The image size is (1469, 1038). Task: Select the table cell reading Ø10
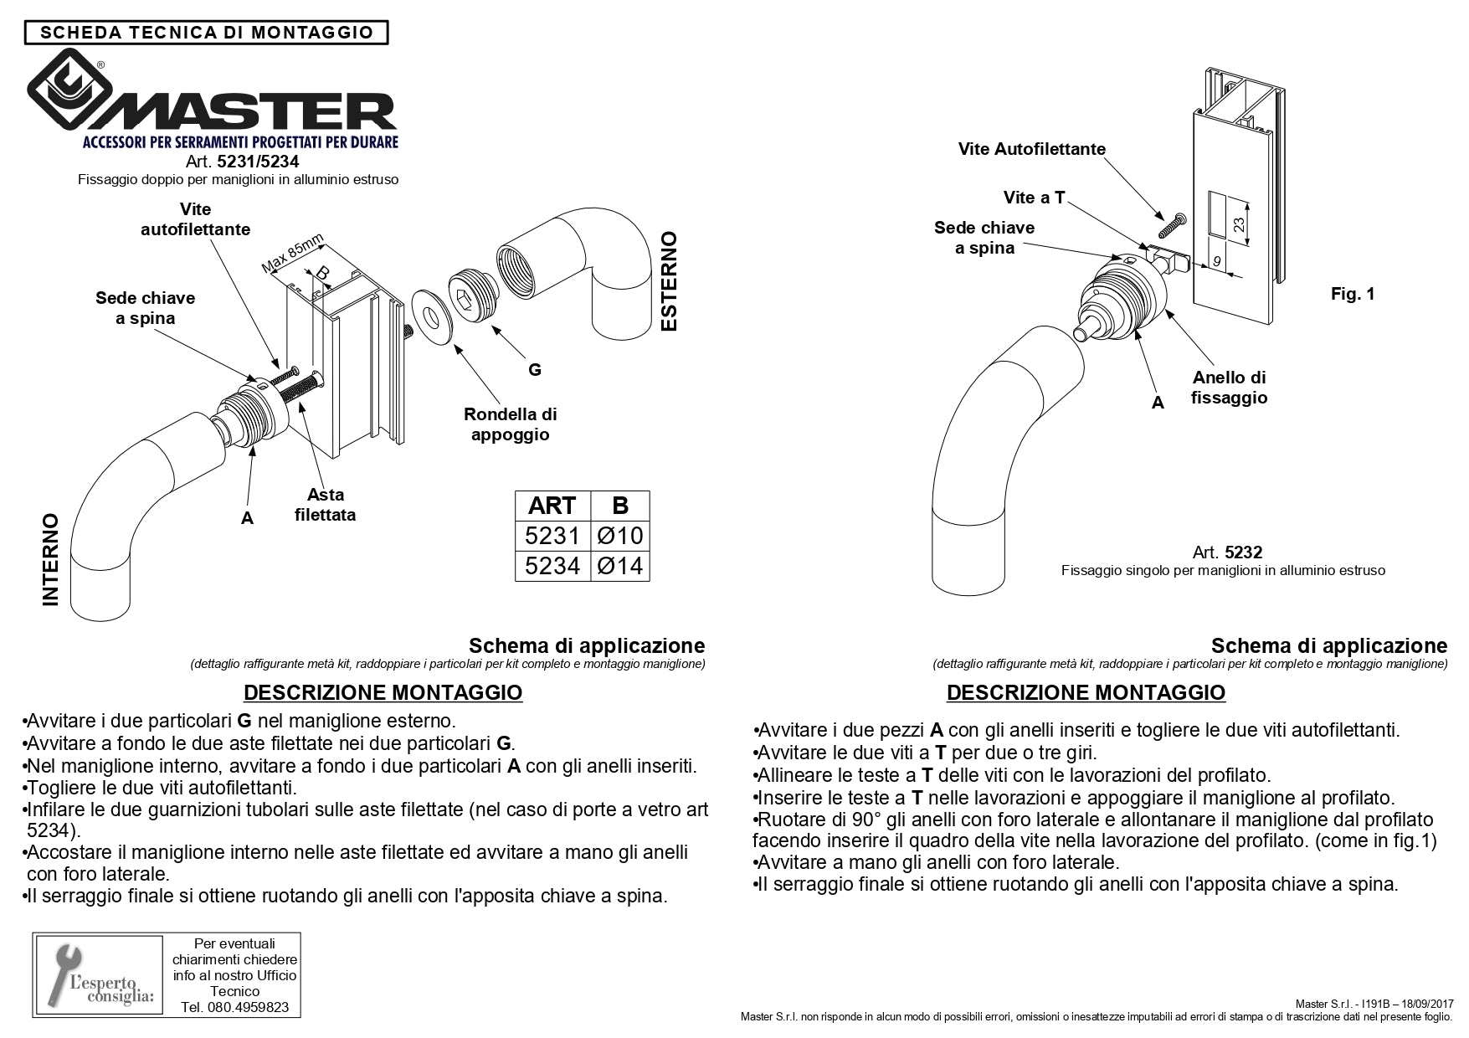click(x=619, y=536)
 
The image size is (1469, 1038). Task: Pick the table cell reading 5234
click(x=552, y=566)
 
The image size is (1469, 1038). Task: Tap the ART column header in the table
click(x=552, y=506)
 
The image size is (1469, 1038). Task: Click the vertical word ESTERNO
click(x=669, y=281)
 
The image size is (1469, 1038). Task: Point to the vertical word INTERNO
click(x=51, y=559)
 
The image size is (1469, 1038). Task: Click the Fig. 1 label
click(x=1353, y=294)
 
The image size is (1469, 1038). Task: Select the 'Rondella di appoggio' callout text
click(x=510, y=424)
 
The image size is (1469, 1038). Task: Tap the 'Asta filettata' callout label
click(x=325, y=505)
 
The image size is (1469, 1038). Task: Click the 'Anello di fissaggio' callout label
click(x=1229, y=388)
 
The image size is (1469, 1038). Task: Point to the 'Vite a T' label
click(x=1034, y=198)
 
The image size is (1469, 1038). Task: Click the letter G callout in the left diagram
click(x=534, y=369)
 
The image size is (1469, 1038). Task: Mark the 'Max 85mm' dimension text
click(x=292, y=254)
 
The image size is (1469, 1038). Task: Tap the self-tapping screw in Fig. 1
click(x=1171, y=224)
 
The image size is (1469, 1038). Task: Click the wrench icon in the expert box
click(x=66, y=971)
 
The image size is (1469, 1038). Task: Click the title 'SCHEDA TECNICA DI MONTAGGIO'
click(x=207, y=33)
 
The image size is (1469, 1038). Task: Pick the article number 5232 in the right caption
click(x=1243, y=552)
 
